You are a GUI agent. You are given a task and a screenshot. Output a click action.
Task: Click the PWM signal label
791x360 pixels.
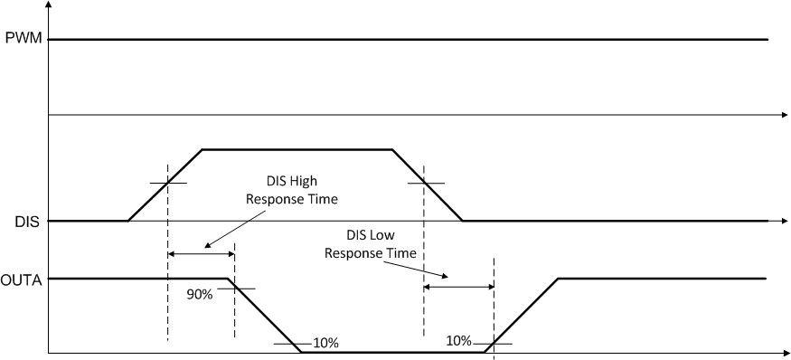click(x=18, y=40)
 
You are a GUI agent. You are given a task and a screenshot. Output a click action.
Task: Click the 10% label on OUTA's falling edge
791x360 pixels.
click(x=325, y=343)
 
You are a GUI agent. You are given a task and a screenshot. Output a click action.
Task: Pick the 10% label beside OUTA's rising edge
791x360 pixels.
click(x=459, y=340)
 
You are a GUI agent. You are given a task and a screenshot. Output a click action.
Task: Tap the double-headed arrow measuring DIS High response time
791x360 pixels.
click(x=201, y=254)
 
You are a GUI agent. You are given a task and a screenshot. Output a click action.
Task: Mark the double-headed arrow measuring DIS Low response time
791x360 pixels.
click(x=458, y=287)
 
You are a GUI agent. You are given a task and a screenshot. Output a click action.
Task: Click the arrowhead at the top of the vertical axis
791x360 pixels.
click(x=48, y=5)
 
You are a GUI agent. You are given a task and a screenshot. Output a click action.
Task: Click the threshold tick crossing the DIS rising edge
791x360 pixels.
click(x=168, y=183)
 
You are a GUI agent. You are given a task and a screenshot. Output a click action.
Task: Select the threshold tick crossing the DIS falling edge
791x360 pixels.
click(x=425, y=183)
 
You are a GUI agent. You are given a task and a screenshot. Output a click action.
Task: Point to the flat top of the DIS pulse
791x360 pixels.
click(x=297, y=149)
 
